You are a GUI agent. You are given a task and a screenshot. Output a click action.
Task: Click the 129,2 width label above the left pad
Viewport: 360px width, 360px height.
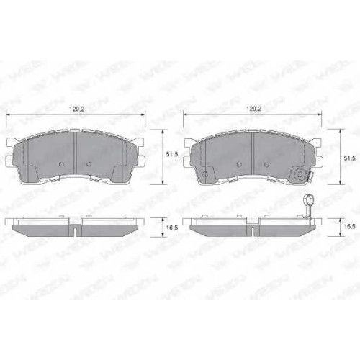(75, 109)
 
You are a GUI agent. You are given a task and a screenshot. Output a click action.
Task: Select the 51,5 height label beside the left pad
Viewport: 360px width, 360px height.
(172, 155)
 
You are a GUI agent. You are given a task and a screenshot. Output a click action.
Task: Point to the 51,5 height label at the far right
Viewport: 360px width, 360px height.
(349, 158)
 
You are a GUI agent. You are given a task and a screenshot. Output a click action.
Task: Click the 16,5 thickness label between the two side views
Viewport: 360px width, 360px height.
(172, 228)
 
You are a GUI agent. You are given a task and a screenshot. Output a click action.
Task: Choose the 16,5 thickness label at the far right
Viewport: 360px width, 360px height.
(349, 226)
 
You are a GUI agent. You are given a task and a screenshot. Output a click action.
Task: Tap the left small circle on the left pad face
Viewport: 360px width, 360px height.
(61, 164)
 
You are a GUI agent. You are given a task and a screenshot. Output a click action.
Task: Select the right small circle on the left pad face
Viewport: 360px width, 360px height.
(89, 164)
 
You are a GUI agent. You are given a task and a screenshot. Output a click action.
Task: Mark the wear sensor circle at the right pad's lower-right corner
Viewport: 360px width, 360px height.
(300, 175)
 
